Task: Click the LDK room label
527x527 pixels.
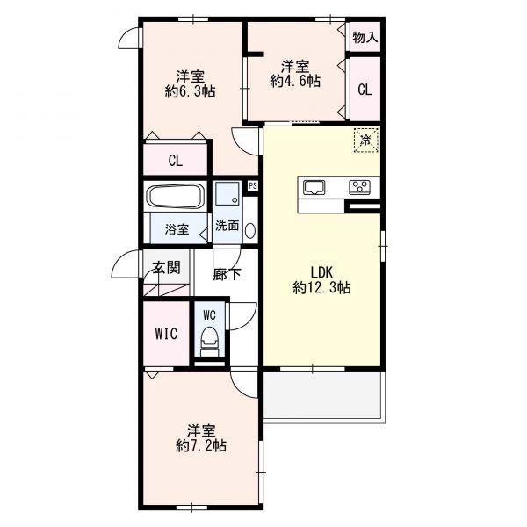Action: tap(321, 272)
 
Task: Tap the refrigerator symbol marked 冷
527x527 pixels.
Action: tap(365, 141)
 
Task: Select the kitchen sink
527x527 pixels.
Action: tap(314, 187)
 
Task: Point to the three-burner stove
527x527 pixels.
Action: tap(359, 187)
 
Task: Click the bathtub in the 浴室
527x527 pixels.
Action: tap(175, 196)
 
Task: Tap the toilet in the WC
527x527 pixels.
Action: tap(210, 341)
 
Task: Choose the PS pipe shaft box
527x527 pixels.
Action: tap(253, 185)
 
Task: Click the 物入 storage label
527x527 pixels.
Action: tap(365, 37)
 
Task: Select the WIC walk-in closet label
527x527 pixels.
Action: tap(166, 334)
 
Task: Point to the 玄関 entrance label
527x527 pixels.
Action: tap(166, 268)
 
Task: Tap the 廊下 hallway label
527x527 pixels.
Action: tap(227, 274)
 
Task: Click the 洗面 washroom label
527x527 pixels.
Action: tap(227, 226)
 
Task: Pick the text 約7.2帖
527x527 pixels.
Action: tap(201, 445)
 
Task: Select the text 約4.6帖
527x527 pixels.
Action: tap(295, 81)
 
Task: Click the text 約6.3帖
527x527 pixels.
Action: tap(191, 90)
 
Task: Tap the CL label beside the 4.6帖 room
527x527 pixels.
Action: tap(365, 90)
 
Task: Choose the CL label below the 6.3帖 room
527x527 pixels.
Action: tap(176, 161)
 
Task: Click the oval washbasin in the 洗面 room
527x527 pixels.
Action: tap(250, 231)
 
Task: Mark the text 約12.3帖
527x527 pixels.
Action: tap(322, 288)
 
